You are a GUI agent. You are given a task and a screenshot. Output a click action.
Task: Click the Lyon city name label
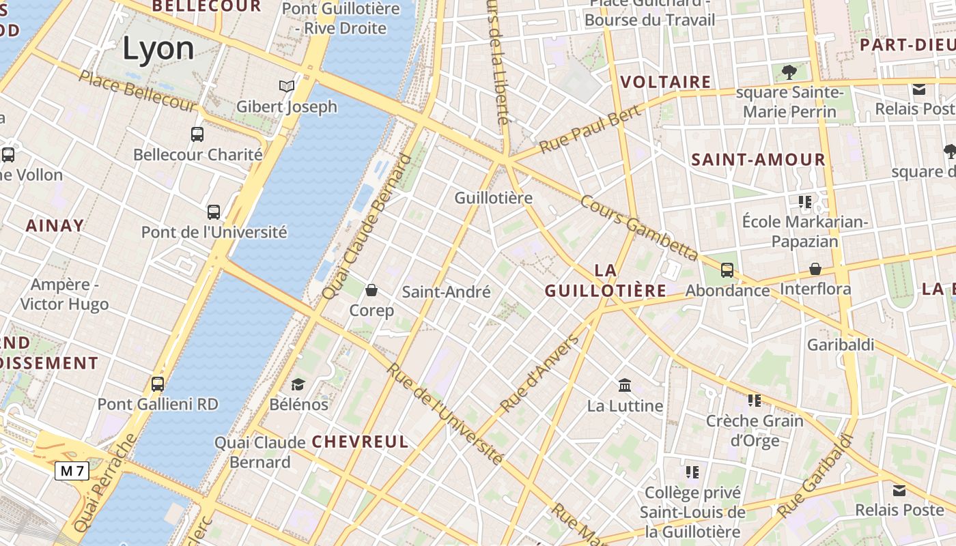158,48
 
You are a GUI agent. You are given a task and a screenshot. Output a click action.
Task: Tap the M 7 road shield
72,470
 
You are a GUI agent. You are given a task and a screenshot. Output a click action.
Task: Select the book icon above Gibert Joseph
287,87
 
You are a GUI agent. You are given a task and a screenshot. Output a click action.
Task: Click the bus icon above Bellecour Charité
197,134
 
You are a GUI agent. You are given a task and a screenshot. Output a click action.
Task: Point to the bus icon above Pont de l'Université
214,212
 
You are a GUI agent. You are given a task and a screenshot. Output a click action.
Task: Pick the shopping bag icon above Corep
371,291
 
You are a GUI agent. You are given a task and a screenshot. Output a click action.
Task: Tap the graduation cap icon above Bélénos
298,384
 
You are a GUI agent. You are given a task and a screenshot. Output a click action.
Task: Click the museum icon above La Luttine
625,386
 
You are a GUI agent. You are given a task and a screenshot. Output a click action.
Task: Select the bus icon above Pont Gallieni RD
158,384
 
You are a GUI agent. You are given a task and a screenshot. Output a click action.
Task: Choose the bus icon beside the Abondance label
727,270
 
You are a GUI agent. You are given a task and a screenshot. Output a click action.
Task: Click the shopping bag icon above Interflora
815,269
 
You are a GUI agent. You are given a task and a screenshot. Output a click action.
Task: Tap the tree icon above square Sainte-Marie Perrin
789,72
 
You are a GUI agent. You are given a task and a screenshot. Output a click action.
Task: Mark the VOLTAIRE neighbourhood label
666,83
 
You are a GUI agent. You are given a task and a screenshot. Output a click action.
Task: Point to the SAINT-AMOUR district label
759,160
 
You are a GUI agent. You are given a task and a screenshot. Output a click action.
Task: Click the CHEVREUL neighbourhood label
360,442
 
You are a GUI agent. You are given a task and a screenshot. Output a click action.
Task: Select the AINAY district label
55,225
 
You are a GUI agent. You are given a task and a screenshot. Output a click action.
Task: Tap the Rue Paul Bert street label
591,129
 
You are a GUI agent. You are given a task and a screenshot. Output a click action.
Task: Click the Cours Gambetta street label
639,229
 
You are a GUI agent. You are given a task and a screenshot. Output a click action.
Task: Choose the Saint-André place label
446,292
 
